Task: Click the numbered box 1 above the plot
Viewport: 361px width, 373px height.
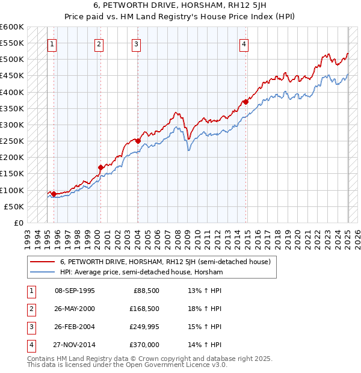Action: [52, 43]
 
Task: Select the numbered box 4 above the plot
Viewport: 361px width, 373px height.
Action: [244, 43]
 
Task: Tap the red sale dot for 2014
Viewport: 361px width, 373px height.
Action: [246, 102]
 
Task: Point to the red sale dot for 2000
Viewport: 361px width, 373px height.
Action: [101, 167]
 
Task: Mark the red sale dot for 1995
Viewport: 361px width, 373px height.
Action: [54, 194]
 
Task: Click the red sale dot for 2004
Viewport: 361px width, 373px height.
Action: [138, 141]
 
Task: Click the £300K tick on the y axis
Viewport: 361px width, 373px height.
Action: [12, 125]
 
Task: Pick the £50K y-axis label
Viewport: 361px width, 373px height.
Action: [14, 206]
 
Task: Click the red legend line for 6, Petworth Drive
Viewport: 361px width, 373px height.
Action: [42, 262]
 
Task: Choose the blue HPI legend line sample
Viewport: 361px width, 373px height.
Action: [42, 273]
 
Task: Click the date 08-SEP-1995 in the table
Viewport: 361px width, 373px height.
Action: [75, 291]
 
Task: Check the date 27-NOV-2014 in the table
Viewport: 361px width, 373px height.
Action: [75, 345]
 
